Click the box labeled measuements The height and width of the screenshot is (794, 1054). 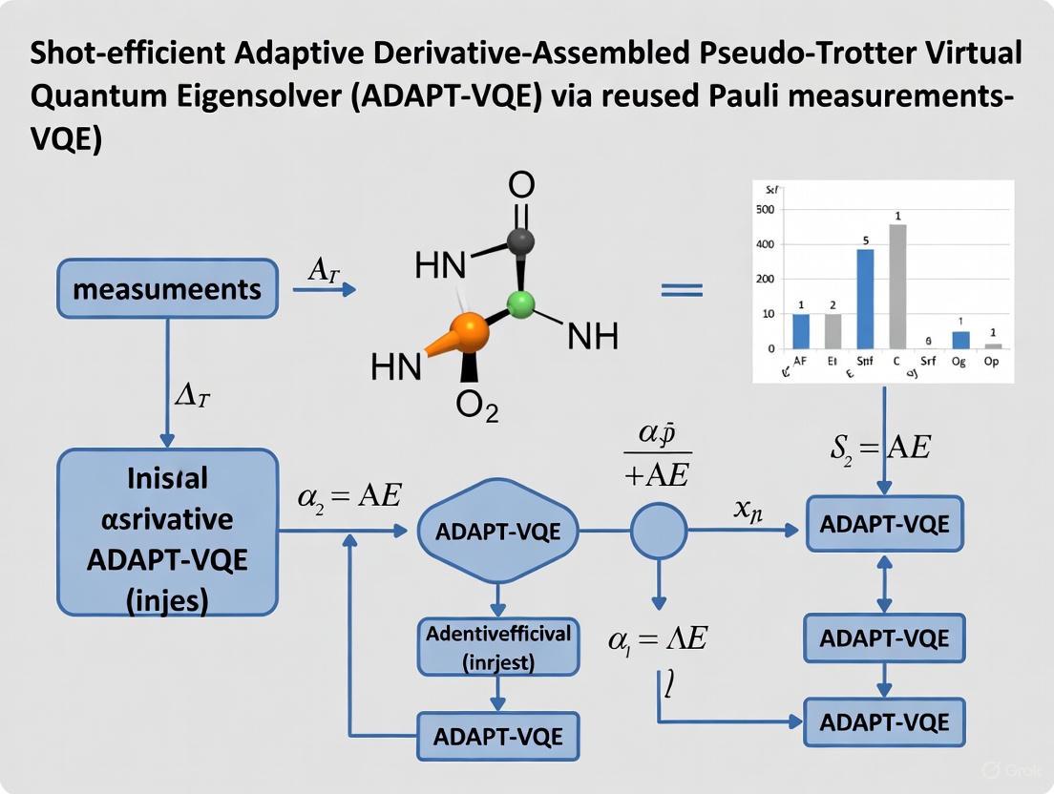click(x=167, y=288)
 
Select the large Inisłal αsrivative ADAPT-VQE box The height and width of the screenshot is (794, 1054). click(x=167, y=532)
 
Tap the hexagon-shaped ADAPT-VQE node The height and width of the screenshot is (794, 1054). click(x=497, y=532)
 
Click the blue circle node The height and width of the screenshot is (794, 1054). click(x=659, y=531)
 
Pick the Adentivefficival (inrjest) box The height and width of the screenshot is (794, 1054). click(x=497, y=646)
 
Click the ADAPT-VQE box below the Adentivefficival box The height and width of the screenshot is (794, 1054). click(x=497, y=736)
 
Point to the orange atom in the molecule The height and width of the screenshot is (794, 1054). click(x=467, y=332)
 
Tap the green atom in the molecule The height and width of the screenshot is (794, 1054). click(x=520, y=305)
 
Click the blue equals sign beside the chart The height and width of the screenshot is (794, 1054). click(x=682, y=289)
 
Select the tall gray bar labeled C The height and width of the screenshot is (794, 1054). click(x=897, y=285)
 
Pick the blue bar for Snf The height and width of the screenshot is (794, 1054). click(x=865, y=298)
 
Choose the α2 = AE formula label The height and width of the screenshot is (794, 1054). click(x=349, y=495)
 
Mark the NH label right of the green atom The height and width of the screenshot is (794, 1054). click(x=592, y=336)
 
